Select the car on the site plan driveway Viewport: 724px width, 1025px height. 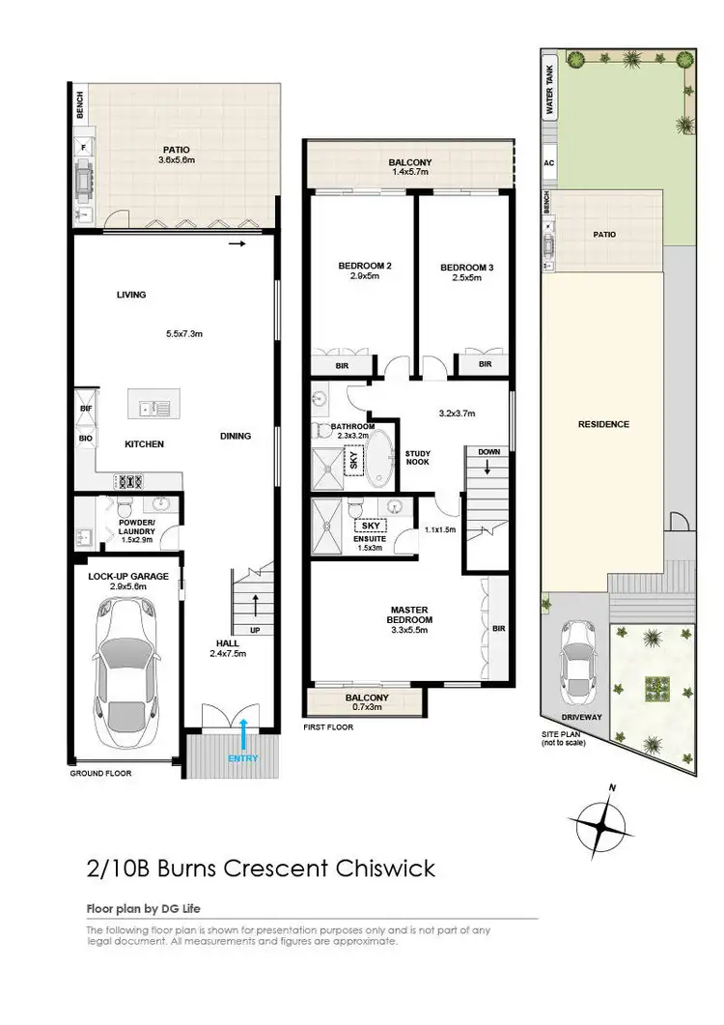coord(578,664)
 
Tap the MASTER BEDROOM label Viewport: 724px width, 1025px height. coord(409,614)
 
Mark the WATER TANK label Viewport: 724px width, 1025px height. coord(550,91)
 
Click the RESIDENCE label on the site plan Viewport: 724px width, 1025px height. coord(603,424)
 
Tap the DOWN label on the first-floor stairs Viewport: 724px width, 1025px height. coord(488,451)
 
